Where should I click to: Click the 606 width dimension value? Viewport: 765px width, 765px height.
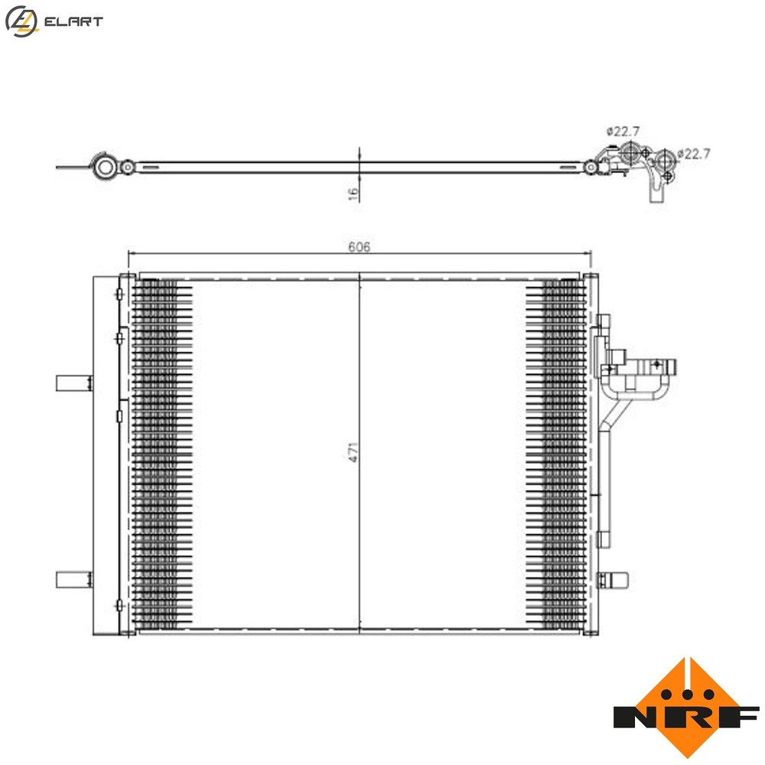(x=360, y=246)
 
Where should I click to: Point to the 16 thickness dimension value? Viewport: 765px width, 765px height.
(x=353, y=194)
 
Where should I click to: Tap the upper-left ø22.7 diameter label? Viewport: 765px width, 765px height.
(x=623, y=131)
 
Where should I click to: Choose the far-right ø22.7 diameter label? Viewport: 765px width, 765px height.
(x=695, y=154)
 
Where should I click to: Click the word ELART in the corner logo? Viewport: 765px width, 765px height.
(x=74, y=22)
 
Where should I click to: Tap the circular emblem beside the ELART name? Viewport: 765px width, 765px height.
(x=21, y=21)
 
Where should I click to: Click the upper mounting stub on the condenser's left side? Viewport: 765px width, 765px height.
(x=73, y=382)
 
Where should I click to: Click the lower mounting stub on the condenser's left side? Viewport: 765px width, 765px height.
(x=73, y=580)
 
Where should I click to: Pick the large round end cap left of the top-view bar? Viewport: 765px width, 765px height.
(x=104, y=166)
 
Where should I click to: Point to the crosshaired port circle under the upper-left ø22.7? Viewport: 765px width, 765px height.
(x=630, y=152)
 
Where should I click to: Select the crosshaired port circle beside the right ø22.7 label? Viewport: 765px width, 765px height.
(x=665, y=160)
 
